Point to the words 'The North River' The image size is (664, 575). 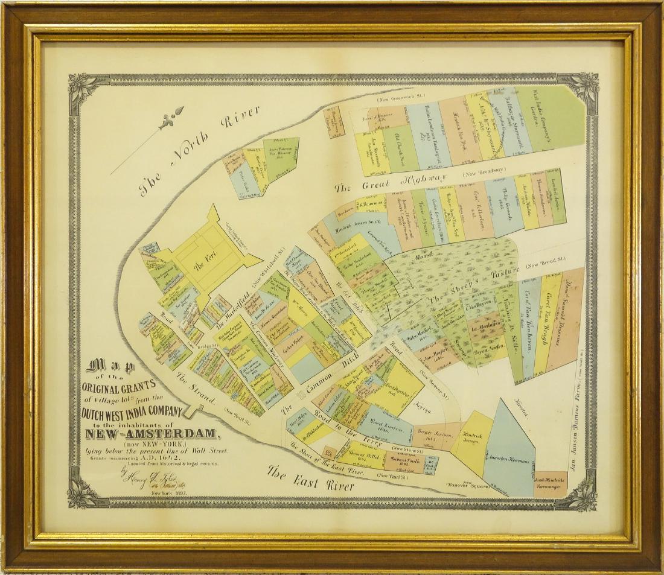click(199, 151)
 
